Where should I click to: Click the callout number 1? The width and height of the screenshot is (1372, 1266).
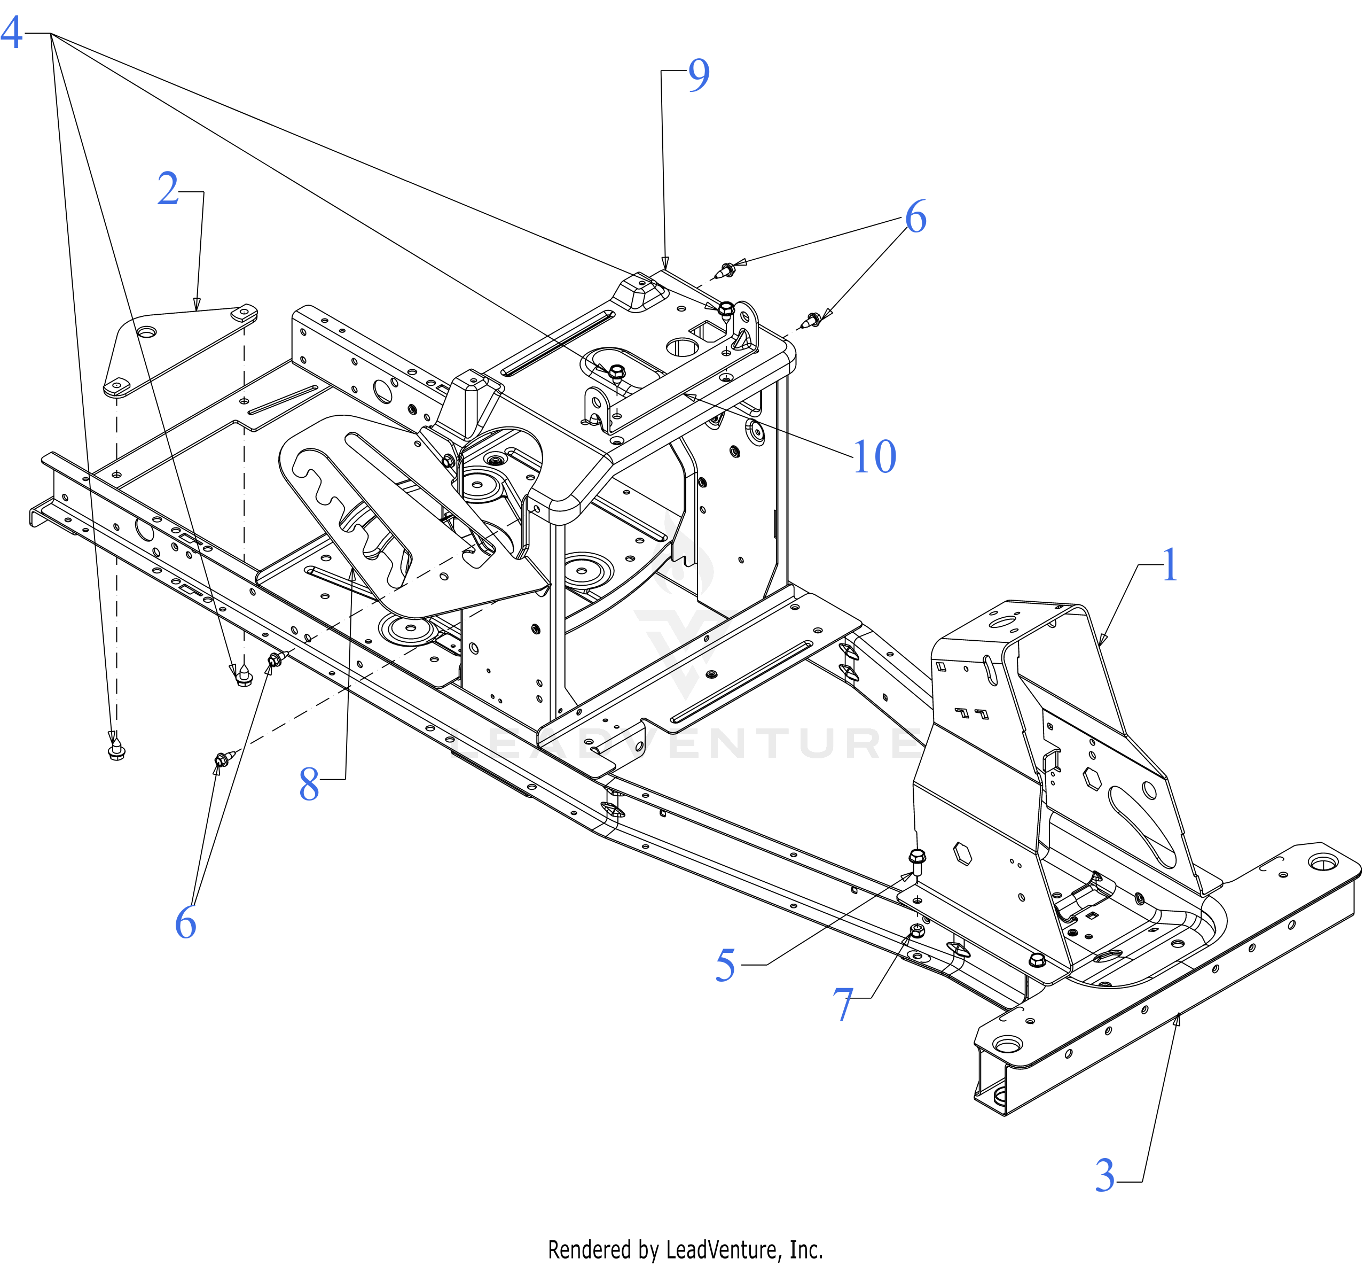click(1170, 566)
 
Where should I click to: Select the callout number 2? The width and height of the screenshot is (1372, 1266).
click(168, 189)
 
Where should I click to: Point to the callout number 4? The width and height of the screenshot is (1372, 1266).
click(12, 33)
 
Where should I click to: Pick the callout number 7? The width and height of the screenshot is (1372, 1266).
click(843, 1006)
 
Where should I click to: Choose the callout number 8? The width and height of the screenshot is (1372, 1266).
click(309, 785)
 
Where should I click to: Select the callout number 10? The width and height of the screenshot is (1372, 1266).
click(874, 457)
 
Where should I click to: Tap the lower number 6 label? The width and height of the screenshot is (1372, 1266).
click(185, 923)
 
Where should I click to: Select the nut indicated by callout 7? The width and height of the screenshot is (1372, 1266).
click(918, 930)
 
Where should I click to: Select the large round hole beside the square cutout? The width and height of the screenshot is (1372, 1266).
click(681, 348)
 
